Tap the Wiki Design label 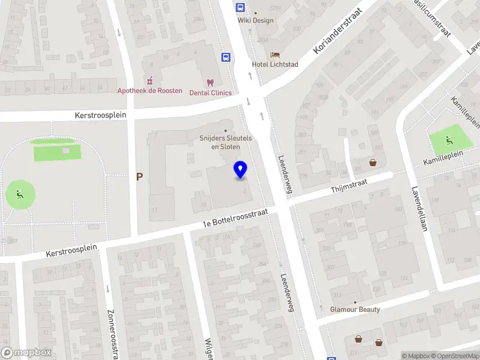(x=256, y=20)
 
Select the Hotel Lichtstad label (x=275, y=64)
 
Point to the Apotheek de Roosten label (x=149, y=91)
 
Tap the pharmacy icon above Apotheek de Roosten (x=149, y=80)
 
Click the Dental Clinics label (x=211, y=92)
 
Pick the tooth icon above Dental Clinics (x=210, y=82)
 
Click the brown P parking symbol (x=139, y=177)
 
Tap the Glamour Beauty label (x=355, y=310)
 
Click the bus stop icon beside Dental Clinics (x=226, y=58)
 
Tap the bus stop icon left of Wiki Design (x=240, y=8)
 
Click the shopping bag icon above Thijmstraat (x=373, y=162)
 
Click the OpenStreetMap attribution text (x=457, y=356)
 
